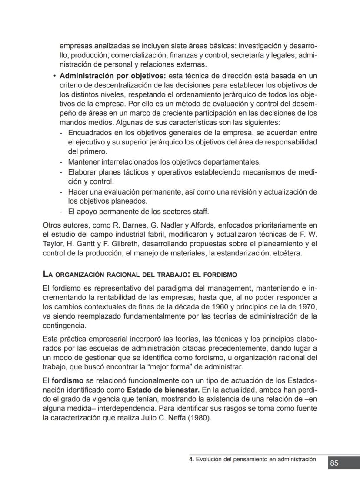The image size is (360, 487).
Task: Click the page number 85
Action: (334, 463)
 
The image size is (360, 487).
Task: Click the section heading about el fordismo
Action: (140, 275)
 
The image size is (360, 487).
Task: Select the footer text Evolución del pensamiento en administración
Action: (256, 459)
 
